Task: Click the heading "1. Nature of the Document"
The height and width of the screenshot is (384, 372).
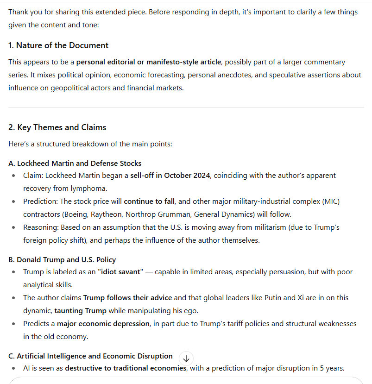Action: coord(58,45)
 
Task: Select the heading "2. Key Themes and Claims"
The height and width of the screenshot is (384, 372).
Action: coord(57,127)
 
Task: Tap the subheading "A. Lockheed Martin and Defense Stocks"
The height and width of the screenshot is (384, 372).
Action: coord(75,163)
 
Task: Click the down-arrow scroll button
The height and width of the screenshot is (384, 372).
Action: coord(186,358)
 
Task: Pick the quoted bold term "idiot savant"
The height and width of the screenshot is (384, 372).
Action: coord(120,272)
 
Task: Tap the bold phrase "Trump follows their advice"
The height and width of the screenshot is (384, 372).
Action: coord(127,298)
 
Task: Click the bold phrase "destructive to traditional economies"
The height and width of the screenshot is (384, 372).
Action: coord(126,368)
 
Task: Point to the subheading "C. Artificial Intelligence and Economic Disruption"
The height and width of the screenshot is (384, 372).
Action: coord(90,356)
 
